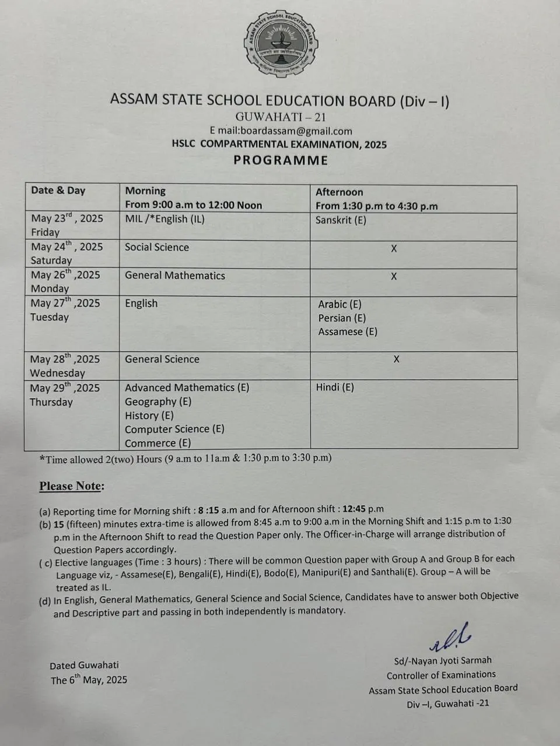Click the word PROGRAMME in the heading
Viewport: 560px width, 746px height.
[x=281, y=160]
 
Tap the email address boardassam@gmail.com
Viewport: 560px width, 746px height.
[x=281, y=131]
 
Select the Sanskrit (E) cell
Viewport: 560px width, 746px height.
[x=341, y=220]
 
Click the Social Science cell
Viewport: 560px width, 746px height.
[x=156, y=247]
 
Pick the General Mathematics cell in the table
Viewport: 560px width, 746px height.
[x=174, y=276]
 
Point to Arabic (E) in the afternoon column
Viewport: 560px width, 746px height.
[x=339, y=304]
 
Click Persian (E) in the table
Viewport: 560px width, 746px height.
[x=342, y=318]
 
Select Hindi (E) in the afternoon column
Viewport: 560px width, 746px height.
[x=335, y=388]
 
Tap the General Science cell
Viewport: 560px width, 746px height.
[x=162, y=360]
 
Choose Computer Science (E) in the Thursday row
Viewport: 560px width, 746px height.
[x=174, y=430]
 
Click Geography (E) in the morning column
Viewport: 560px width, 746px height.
[x=157, y=402]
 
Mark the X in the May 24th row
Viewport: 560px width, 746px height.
[x=394, y=249]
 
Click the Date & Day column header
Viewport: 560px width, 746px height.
[x=58, y=191]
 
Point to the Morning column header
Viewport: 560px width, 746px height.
[x=145, y=191]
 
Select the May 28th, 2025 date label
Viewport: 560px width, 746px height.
[x=65, y=360]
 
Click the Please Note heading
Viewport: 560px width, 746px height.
[x=72, y=486]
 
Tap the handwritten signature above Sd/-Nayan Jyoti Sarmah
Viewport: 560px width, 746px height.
[x=450, y=638]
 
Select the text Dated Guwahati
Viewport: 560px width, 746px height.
[x=84, y=665]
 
